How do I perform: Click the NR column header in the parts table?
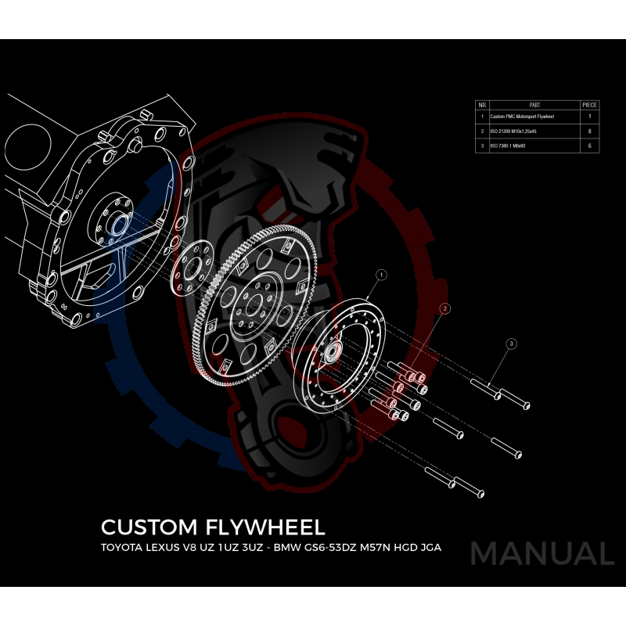click(483, 103)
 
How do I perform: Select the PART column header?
click(534, 103)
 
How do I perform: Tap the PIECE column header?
click(589, 103)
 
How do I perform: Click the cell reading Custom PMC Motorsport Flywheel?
click(522, 117)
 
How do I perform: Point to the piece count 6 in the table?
click(589, 146)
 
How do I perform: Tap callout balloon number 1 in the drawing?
click(381, 275)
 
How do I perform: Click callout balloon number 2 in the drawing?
click(444, 308)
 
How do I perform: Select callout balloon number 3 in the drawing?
click(511, 344)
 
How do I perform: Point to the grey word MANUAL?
click(541, 553)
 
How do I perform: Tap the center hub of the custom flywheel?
click(332, 350)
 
